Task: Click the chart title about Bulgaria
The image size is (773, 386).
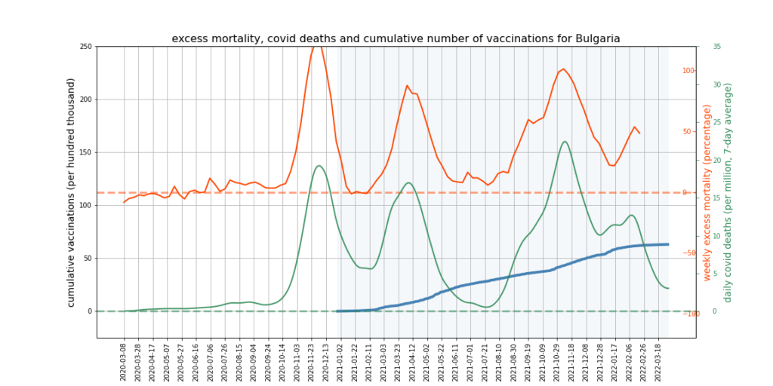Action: tap(396, 38)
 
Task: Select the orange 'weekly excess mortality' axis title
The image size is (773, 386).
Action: tap(707, 193)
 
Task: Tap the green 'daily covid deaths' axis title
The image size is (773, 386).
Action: tap(728, 193)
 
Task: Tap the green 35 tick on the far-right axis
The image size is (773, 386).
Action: tap(716, 47)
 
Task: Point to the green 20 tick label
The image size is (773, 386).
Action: tap(716, 160)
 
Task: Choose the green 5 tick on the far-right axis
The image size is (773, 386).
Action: tap(715, 273)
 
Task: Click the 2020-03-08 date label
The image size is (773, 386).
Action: tap(125, 360)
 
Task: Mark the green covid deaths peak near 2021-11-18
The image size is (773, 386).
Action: tap(565, 141)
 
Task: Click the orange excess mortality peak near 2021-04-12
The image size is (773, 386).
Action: tap(407, 85)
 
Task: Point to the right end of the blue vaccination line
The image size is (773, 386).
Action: tap(668, 244)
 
